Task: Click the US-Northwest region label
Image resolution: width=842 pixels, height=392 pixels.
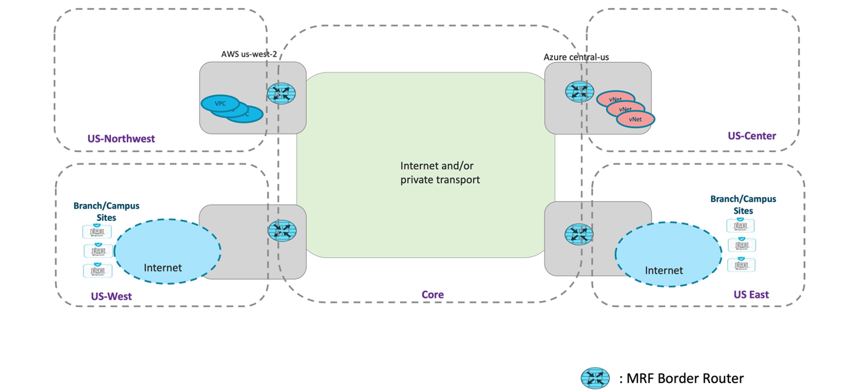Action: (x=121, y=139)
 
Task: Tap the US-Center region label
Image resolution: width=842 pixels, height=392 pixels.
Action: (x=752, y=136)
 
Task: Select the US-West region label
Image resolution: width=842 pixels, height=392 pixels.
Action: (x=111, y=296)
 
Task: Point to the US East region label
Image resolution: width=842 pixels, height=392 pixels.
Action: (x=751, y=294)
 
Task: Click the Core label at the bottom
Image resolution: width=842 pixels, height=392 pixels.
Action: (x=432, y=294)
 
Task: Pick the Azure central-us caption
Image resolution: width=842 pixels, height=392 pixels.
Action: (x=576, y=57)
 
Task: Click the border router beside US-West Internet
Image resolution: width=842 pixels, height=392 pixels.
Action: (x=282, y=230)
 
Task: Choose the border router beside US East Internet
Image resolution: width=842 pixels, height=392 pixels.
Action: (x=579, y=233)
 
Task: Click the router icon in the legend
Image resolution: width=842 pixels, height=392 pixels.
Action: (x=595, y=378)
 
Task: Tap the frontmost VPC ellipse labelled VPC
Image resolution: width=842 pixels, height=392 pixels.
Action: (x=220, y=103)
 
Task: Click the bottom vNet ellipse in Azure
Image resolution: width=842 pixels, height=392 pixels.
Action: (x=635, y=119)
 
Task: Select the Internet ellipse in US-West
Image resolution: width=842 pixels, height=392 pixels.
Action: (x=167, y=252)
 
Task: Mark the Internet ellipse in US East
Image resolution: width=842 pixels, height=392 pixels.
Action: (x=668, y=254)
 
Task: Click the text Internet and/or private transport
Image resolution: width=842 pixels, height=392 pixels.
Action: (x=440, y=173)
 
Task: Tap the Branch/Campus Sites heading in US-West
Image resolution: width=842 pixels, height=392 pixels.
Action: (x=106, y=212)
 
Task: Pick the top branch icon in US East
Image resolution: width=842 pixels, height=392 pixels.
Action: (x=740, y=226)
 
